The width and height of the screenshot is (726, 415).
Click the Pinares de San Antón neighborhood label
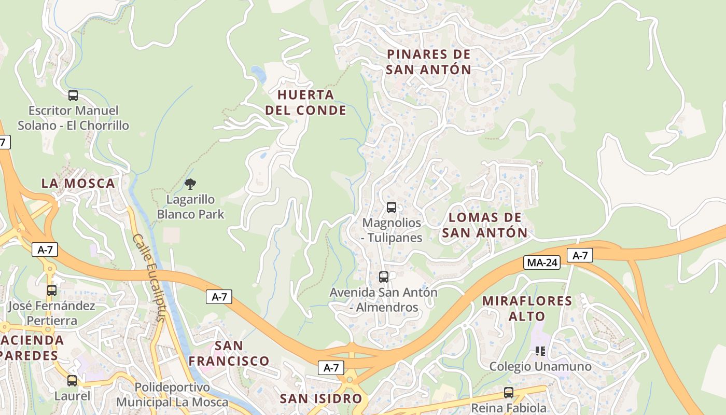[429, 62]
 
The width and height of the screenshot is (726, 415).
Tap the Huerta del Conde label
[305, 102]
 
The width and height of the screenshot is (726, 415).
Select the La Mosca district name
[78, 183]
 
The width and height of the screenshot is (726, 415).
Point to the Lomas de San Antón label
[484, 225]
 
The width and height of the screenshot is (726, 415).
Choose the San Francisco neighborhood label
[229, 353]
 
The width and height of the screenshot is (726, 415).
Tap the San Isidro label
[320, 398]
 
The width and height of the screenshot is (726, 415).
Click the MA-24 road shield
[542, 262]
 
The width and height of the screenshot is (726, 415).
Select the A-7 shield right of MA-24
[580, 255]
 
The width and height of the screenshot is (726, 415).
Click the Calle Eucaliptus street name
[150, 278]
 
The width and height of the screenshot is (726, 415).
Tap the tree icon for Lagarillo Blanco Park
[190, 184]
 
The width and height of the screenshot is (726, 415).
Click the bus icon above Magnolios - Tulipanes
[392, 208]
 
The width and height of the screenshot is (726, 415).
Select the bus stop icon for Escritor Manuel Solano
[73, 95]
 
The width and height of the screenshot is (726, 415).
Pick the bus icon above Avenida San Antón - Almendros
[384, 277]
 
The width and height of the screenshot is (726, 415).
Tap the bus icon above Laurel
[72, 381]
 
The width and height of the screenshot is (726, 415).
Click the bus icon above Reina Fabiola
[509, 393]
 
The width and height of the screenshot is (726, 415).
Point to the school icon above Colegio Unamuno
[540, 351]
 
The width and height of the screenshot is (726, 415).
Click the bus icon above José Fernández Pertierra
[52, 290]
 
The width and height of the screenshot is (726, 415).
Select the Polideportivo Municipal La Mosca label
[172, 395]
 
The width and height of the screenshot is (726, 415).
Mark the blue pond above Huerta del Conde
[258, 74]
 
